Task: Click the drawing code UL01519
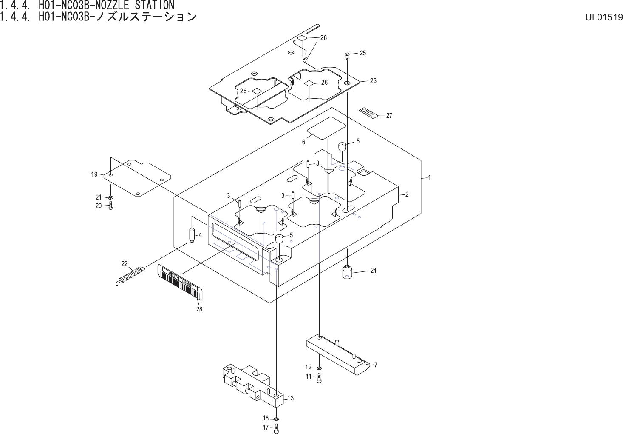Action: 604,17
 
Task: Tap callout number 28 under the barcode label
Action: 199,309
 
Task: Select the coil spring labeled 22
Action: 130,275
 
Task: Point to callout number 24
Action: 374,271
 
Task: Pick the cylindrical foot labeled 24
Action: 348,271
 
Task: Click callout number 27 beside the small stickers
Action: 389,115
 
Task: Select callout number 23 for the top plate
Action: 373,80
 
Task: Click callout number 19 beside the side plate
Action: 94,174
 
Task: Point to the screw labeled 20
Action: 111,206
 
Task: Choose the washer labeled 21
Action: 110,197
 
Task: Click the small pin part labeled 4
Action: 192,234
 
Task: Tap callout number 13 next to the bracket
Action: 291,398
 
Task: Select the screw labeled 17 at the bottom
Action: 277,428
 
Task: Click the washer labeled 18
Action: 277,419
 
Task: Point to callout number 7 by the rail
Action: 376,365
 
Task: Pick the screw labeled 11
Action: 320,377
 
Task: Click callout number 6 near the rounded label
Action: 303,143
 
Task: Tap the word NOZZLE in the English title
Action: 112,5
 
